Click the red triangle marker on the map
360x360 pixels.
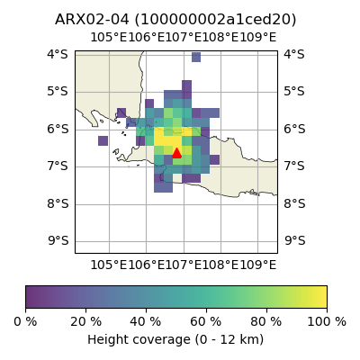(176, 153)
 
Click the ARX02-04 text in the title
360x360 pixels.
(92, 20)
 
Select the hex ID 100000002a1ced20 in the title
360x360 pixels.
(215, 20)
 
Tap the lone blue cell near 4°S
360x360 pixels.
(196, 57)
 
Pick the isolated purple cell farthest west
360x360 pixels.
(103, 140)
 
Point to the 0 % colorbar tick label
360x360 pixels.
(25, 322)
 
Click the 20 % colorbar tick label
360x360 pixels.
(85, 322)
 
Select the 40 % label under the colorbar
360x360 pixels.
(146, 322)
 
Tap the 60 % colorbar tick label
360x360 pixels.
(206, 322)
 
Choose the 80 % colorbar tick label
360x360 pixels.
(266, 322)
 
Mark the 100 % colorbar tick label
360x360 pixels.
(327, 322)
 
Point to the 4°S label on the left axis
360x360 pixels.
(58, 55)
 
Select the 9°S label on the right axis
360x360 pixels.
(295, 241)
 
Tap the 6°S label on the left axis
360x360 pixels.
(58, 130)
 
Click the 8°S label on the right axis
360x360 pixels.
(295, 203)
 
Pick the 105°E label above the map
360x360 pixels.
(109, 38)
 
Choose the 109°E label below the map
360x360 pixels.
(258, 265)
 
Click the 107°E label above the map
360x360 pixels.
(184, 38)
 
